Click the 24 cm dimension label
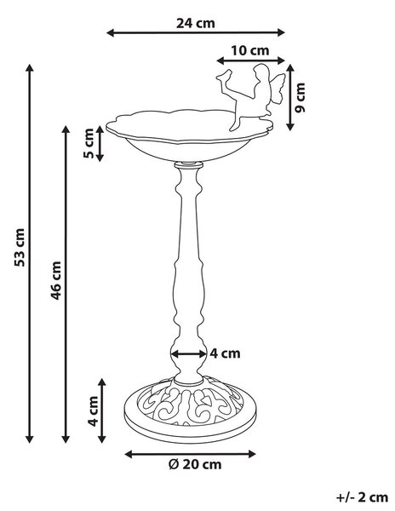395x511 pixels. click(196, 23)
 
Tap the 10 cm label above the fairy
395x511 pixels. click(250, 50)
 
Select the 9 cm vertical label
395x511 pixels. click(300, 97)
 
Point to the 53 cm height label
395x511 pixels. click(20, 247)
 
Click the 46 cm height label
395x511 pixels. click(55, 280)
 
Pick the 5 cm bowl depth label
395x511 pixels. click(89, 143)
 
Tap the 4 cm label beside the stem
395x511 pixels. click(225, 353)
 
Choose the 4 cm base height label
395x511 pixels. click(93, 411)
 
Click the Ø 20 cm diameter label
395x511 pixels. click(195, 464)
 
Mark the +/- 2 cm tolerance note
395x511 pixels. click(362, 497)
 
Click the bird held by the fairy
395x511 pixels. click(225, 76)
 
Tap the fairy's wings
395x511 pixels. click(278, 89)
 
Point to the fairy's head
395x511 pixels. click(260, 72)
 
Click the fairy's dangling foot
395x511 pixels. click(233, 126)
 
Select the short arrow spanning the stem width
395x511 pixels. click(188, 353)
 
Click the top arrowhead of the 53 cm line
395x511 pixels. click(30, 68)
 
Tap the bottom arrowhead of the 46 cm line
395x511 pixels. click(66, 439)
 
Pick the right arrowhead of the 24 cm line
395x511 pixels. click(281, 32)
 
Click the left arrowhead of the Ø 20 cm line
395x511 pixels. click(129, 454)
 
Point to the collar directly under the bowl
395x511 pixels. click(188, 165)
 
